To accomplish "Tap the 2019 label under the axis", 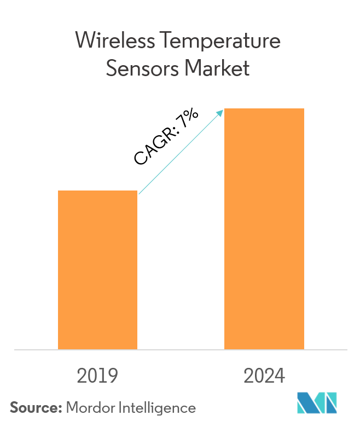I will click(x=98, y=376).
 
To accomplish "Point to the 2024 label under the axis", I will click(x=264, y=376).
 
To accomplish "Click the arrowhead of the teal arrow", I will click(x=220, y=113).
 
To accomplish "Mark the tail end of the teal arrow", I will click(x=140, y=193).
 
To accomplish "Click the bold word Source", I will click(x=35, y=407).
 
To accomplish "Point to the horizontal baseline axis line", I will click(x=180, y=349).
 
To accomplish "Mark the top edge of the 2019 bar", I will click(x=98, y=191).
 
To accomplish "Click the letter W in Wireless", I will click(x=84, y=41).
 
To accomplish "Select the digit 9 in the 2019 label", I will click(x=113, y=376).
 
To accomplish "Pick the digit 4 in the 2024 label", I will click(x=280, y=376).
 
